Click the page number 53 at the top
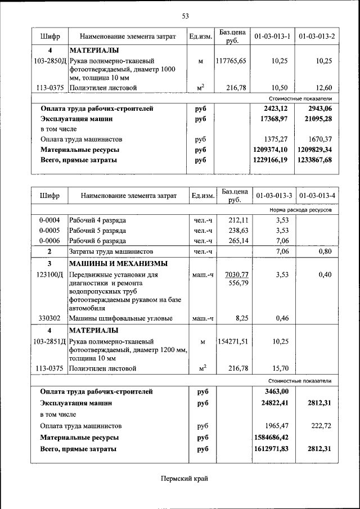[x=185, y=15]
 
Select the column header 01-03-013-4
[x=317, y=196]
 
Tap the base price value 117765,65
[x=231, y=61]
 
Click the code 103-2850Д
[x=50, y=61]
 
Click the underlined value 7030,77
[x=236, y=274]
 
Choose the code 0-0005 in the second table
[x=49, y=231]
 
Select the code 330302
[x=49, y=318]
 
